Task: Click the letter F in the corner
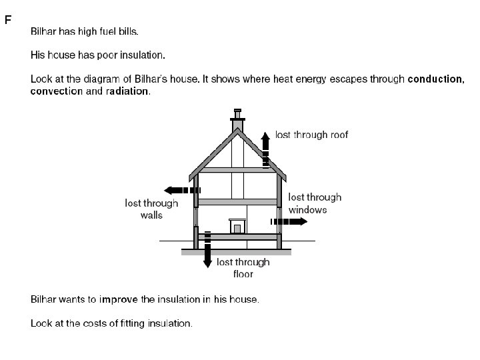pyautogui.click(x=8, y=20)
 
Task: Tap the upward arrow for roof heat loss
pyautogui.click(x=265, y=148)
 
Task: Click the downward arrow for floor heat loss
pyautogui.click(x=207, y=250)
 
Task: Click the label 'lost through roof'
pyautogui.click(x=311, y=135)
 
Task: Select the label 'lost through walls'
pyautogui.click(x=151, y=209)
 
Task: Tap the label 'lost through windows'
pyautogui.click(x=315, y=203)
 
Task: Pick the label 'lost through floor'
pyautogui.click(x=243, y=268)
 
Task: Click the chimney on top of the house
pyautogui.click(x=237, y=120)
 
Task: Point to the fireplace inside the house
pyautogui.click(x=237, y=226)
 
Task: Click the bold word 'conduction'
pyautogui.click(x=435, y=79)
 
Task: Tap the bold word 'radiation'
pyautogui.click(x=127, y=91)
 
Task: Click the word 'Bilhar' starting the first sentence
pyautogui.click(x=44, y=31)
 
